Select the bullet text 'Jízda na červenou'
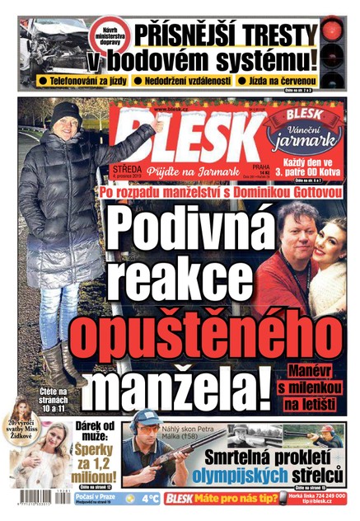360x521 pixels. point(281,81)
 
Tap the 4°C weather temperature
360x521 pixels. point(150,498)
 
